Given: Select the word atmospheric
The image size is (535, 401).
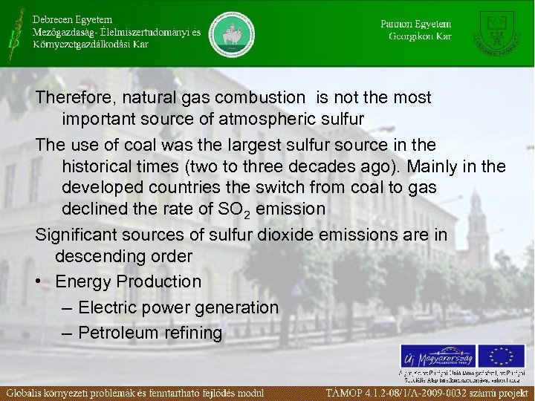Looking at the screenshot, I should (x=265, y=119).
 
